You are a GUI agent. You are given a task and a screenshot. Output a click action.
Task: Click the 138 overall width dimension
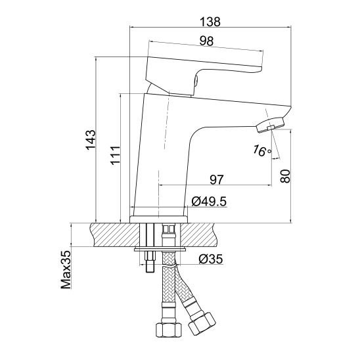point(210,22)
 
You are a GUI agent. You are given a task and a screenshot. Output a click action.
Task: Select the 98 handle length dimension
point(206,41)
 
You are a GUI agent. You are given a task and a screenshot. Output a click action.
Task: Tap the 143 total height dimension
point(91,140)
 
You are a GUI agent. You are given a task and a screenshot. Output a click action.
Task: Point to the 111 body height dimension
point(115,155)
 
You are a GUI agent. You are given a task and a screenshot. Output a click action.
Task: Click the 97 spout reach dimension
point(217,179)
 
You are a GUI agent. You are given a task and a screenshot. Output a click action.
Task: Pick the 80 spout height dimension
point(285,176)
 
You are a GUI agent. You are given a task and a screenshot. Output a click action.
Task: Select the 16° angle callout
point(262,151)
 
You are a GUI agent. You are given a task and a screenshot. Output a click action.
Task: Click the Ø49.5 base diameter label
point(209,202)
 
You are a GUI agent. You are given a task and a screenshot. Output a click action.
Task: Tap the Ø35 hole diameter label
point(211,259)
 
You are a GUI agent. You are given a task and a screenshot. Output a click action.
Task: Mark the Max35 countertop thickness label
point(66,269)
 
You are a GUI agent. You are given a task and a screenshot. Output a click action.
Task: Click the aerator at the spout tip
point(270,125)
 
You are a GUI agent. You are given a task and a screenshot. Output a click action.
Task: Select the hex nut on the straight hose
point(169,330)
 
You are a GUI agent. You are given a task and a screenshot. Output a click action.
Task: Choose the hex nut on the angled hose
point(202,324)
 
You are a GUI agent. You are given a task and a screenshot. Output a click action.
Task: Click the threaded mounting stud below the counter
point(150,261)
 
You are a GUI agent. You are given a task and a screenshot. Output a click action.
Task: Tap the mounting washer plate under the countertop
point(160,249)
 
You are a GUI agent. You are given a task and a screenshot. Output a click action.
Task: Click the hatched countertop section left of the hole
point(115,235)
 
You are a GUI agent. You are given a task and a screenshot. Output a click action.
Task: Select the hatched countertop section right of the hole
point(198,235)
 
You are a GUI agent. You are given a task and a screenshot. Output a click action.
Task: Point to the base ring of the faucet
point(158,219)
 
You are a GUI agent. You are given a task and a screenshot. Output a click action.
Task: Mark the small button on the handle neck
point(196,81)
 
